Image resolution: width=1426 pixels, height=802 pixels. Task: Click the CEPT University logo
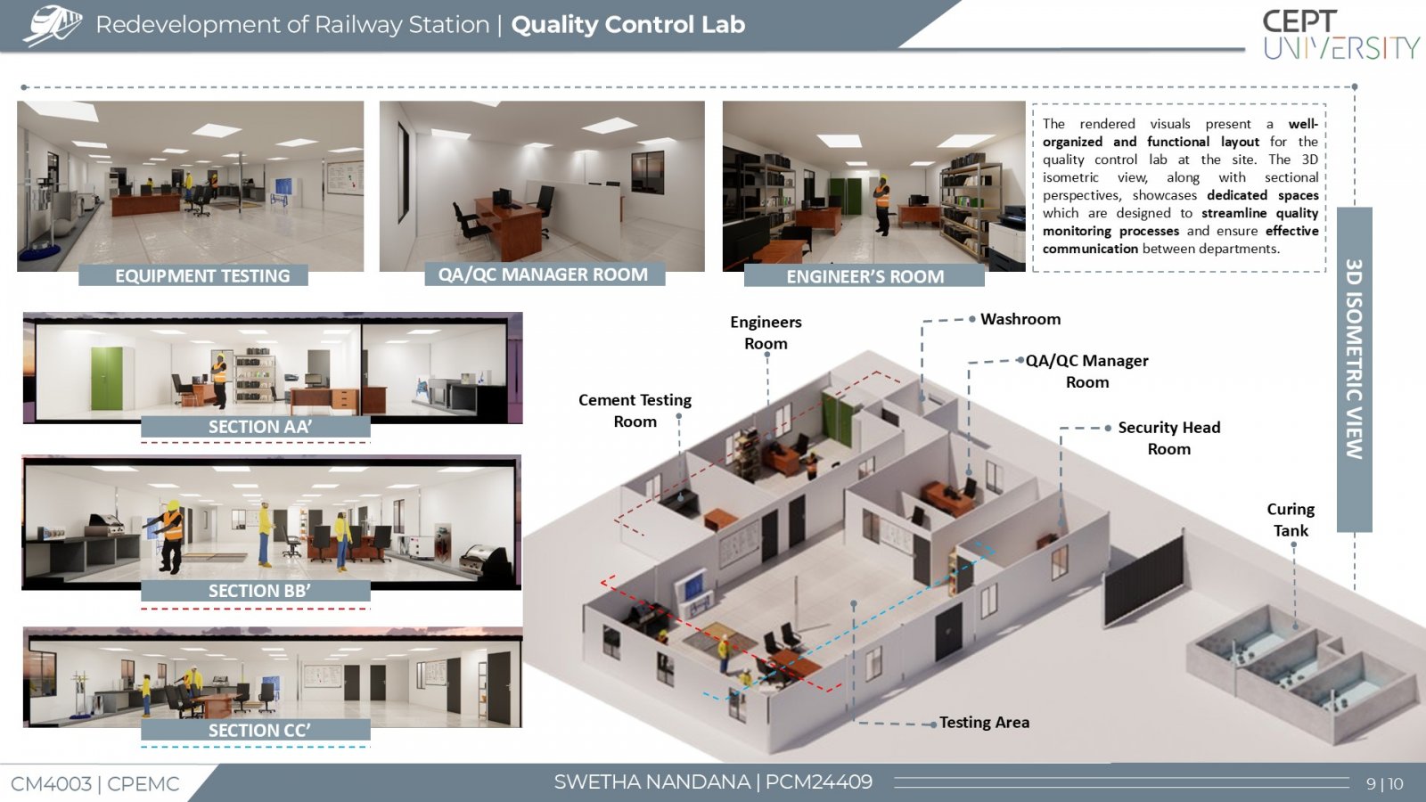[x=1340, y=35]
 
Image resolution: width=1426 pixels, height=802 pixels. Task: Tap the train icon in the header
[x=53, y=26]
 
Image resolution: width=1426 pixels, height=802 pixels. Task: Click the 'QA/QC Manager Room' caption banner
[x=545, y=274]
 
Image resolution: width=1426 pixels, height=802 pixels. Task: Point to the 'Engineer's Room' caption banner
[x=865, y=276]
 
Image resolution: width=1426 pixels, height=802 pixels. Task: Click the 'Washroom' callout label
[x=1020, y=319]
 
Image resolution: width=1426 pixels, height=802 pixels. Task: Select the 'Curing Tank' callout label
[x=1291, y=520]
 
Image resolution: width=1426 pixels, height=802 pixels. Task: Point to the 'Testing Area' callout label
[x=984, y=723]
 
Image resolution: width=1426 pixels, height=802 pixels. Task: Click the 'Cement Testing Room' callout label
[x=635, y=411]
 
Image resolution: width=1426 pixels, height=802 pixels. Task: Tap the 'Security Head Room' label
[x=1168, y=438]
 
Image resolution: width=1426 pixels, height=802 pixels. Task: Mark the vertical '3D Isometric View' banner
[x=1354, y=369]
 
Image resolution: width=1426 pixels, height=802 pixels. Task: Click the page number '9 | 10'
[x=1385, y=783]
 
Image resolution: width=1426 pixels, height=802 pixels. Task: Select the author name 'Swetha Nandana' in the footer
[x=652, y=782]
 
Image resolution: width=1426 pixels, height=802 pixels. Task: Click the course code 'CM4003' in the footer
[x=51, y=784]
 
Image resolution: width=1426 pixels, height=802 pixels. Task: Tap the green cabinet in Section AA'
[x=106, y=379]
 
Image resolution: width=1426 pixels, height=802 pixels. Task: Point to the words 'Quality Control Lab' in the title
[x=627, y=24]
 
